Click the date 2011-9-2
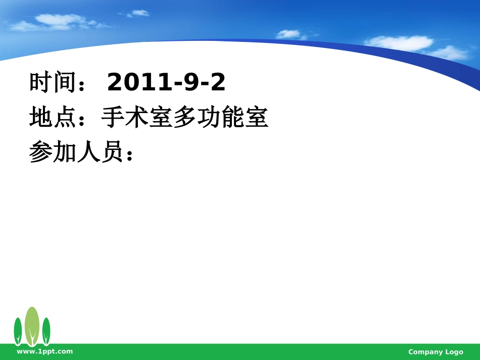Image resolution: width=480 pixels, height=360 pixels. pyautogui.click(x=166, y=82)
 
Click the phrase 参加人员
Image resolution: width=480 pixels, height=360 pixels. pyautogui.click(x=76, y=152)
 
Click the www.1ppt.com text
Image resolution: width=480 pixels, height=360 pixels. pyautogui.click(x=45, y=351)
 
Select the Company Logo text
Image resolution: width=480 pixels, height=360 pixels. pyautogui.click(x=436, y=352)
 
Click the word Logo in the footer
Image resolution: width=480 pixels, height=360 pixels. pyautogui.click(x=454, y=352)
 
